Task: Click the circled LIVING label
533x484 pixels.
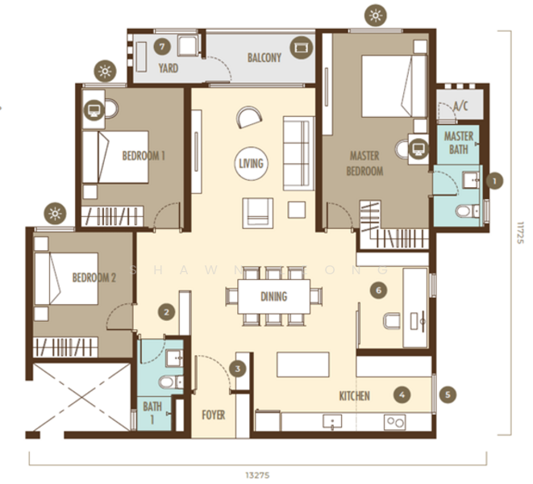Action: pos(252,163)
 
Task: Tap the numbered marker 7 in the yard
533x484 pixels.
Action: pos(162,47)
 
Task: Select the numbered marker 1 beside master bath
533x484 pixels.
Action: pos(494,181)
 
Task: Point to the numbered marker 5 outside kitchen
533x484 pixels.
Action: pos(448,394)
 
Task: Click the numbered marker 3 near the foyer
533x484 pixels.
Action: pos(238,369)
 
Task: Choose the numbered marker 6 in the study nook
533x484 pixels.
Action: pos(378,290)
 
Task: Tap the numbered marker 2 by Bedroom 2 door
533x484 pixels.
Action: pos(167,312)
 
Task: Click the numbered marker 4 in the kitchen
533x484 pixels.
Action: pos(402,394)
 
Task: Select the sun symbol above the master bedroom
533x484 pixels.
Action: pos(376,15)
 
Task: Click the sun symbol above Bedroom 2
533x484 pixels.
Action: pos(55,214)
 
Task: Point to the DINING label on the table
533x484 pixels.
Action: pos(273,297)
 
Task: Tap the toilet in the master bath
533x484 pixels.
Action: pos(467,211)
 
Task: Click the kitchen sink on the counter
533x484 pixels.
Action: pos(332,422)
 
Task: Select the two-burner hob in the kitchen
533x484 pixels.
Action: pos(394,422)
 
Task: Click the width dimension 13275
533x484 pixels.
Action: pos(257,475)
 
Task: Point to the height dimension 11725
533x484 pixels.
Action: pos(520,232)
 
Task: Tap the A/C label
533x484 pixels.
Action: pos(460,106)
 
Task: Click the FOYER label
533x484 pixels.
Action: pos(214,415)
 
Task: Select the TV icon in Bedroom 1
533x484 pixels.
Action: pos(94,110)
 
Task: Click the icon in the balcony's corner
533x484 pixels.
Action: pos(301,48)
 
